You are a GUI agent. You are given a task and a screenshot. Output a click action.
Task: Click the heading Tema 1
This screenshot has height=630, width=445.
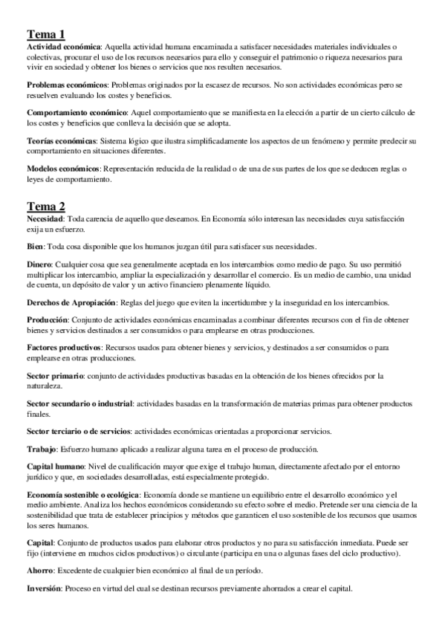pyautogui.click(x=46, y=34)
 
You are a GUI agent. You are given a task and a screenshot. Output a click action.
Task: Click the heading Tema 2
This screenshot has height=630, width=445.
pyautogui.click(x=46, y=206)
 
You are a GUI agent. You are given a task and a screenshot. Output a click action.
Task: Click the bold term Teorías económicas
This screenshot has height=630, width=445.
pyautogui.click(x=62, y=141)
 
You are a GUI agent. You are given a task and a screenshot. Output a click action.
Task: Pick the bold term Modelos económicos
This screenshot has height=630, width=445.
pyautogui.click(x=63, y=169)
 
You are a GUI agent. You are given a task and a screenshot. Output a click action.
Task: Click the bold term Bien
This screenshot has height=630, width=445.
pyautogui.click(x=35, y=247)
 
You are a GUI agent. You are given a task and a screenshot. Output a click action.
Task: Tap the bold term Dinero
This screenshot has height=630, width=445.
pyautogui.click(x=41, y=264)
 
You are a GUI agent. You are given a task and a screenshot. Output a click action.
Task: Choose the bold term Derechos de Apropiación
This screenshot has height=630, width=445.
pyautogui.click(x=72, y=302)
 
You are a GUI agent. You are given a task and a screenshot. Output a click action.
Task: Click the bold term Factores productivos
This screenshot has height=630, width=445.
pyautogui.click(x=64, y=347)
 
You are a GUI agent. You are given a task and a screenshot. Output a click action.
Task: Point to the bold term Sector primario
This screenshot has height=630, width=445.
pyautogui.click(x=56, y=375)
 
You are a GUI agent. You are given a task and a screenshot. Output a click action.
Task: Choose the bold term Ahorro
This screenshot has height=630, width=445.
pyautogui.click(x=42, y=570)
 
